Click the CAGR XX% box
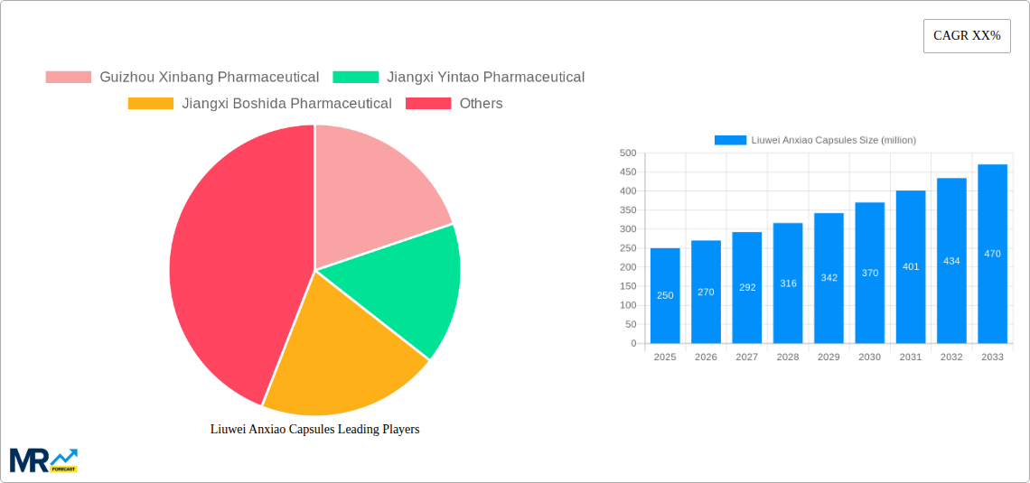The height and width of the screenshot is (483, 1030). [x=967, y=36]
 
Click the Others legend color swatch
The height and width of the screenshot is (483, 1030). [x=427, y=104]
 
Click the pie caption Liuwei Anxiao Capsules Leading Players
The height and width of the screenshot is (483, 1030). [x=314, y=430]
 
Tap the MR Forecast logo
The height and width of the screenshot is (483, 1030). [x=43, y=460]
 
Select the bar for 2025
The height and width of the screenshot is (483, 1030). [x=665, y=296]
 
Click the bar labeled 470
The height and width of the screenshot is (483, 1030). [x=992, y=254]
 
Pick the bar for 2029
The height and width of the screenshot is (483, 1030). [x=829, y=278]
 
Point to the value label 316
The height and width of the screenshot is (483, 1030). [x=788, y=283]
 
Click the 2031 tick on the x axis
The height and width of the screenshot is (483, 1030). [x=911, y=358]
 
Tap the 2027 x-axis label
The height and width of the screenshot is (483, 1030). [x=746, y=358]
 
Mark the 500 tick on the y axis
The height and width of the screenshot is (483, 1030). [x=627, y=153]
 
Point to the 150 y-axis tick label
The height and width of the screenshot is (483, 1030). [x=627, y=286]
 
